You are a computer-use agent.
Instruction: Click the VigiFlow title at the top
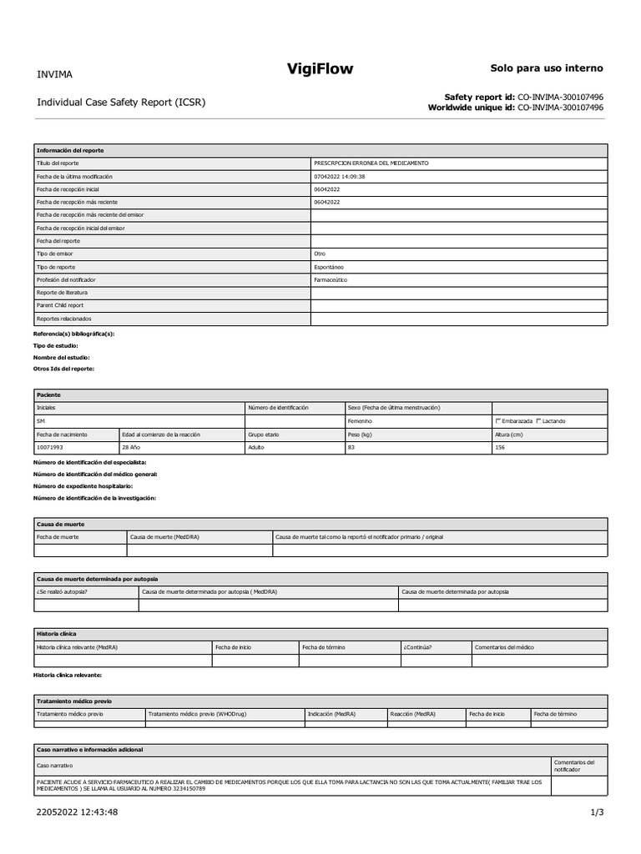click(x=320, y=70)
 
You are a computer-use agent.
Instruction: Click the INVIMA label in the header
click(x=54, y=74)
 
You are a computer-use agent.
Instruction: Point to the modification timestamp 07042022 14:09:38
click(x=339, y=177)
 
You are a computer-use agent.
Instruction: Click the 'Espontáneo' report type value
click(x=328, y=267)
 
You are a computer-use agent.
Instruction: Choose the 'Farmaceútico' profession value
click(x=331, y=280)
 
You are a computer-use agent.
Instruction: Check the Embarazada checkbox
click(x=499, y=421)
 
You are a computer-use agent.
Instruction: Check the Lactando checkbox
click(x=539, y=421)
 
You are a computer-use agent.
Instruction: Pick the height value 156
click(x=501, y=448)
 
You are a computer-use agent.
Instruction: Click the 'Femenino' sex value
click(x=361, y=421)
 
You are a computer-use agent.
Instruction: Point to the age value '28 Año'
click(x=131, y=448)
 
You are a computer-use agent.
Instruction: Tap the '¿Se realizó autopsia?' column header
click(x=63, y=592)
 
